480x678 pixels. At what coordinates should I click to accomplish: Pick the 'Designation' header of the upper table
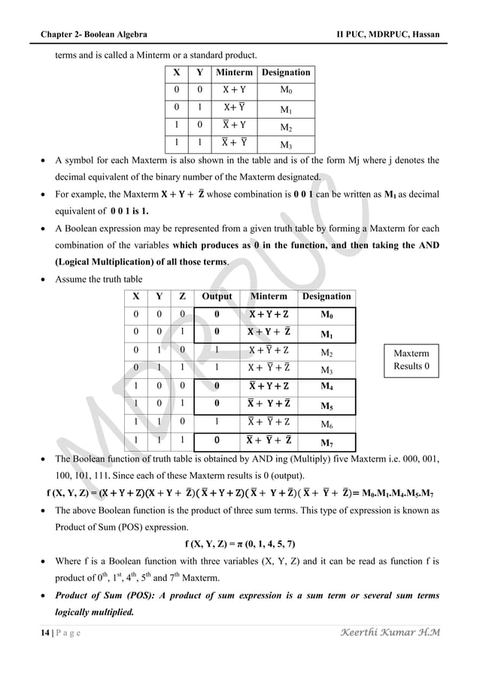pyautogui.click(x=285, y=73)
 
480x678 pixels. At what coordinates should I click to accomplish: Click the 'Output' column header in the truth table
pyautogui.click(x=217, y=297)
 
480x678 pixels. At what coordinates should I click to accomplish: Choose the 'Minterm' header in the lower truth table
pyautogui.click(x=268, y=297)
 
